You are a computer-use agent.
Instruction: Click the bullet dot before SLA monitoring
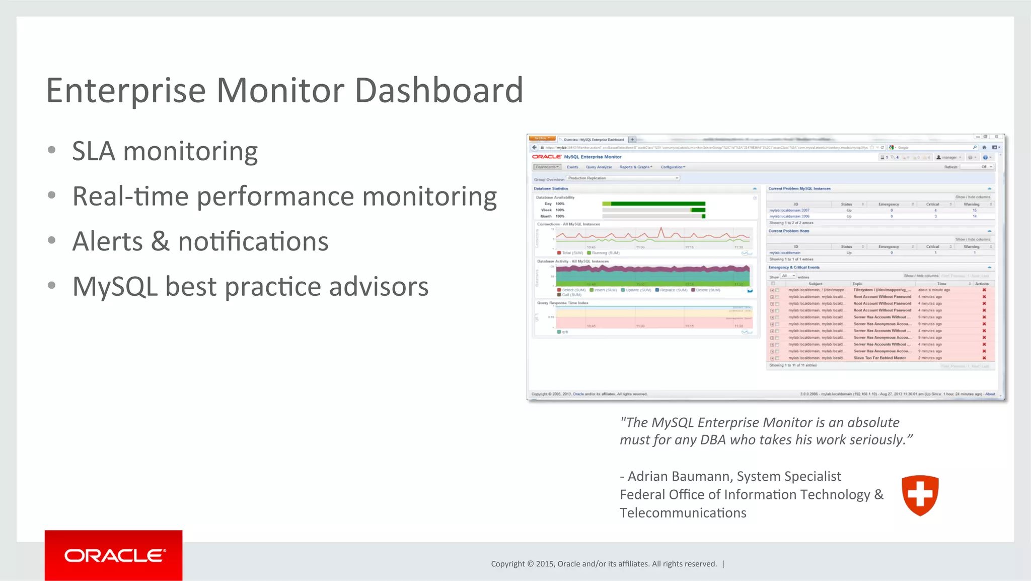click(51, 150)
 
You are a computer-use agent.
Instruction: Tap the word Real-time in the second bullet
click(129, 196)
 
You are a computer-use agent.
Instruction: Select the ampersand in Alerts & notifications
click(160, 241)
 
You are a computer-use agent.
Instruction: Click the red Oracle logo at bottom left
click(114, 555)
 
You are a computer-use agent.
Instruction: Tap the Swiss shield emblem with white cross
click(920, 495)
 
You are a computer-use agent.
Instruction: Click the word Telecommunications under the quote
click(683, 513)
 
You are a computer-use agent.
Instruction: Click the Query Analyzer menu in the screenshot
click(599, 167)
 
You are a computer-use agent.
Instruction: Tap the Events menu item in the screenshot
click(572, 167)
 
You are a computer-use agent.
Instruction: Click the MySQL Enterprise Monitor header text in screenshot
click(593, 157)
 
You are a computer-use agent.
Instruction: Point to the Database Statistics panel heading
click(551, 188)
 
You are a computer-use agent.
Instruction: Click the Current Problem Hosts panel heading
click(788, 231)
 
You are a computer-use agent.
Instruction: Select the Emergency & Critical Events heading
click(793, 268)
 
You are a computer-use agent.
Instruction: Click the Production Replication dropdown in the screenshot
click(623, 178)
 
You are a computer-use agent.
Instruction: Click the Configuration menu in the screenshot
click(673, 167)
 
